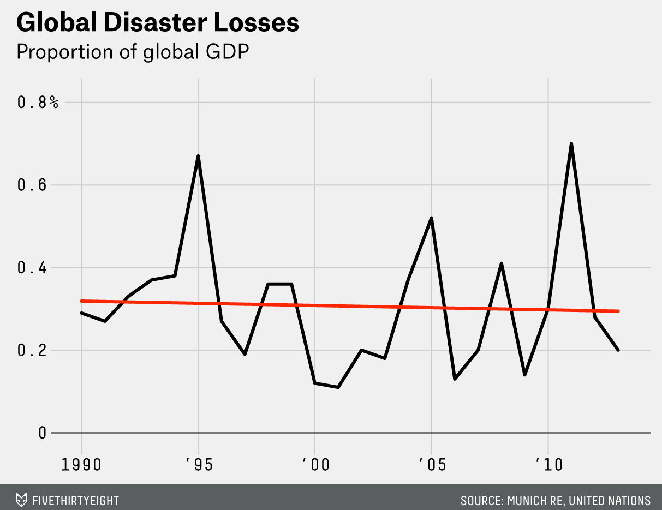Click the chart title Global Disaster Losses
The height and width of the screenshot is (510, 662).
click(158, 23)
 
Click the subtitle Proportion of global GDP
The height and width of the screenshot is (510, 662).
click(133, 52)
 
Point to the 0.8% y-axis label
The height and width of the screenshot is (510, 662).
click(38, 103)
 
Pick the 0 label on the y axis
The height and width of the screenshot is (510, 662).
click(41, 433)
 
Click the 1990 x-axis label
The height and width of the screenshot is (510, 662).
click(81, 465)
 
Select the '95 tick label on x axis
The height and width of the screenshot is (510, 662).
click(199, 465)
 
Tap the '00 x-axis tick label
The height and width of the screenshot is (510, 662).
click(315, 465)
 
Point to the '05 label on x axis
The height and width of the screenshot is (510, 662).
click(431, 465)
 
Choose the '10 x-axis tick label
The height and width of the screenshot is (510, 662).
click(547, 465)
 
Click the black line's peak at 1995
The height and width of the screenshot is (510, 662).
click(198, 157)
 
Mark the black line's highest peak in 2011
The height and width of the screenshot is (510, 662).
click(571, 144)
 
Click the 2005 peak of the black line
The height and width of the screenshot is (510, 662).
click(432, 218)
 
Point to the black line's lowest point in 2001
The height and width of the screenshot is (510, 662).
click(338, 387)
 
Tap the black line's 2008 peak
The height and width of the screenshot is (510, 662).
click(501, 263)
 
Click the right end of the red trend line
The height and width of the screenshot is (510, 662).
click(618, 311)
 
